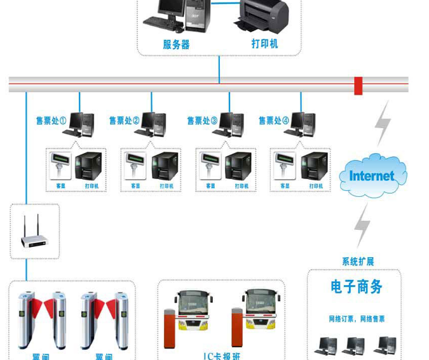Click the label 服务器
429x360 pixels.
pos(176,44)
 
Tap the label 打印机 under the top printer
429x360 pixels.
pos(264,44)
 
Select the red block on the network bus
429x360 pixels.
pos(358,86)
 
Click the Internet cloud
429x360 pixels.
pos(372,175)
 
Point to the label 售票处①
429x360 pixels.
pos(51,120)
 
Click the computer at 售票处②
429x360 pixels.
pos(154,124)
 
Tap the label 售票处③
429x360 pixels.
pos(202,120)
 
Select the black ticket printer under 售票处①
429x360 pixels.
pos(89,167)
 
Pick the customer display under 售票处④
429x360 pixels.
pos(283,166)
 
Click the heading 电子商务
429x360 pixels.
pos(357,286)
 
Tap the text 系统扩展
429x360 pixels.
pos(358,262)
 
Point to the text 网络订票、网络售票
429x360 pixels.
pos(356,319)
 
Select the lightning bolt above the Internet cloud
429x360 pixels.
pos(383,123)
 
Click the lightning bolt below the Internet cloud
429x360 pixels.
pos(363,224)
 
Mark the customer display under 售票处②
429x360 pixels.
pos(134,166)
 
